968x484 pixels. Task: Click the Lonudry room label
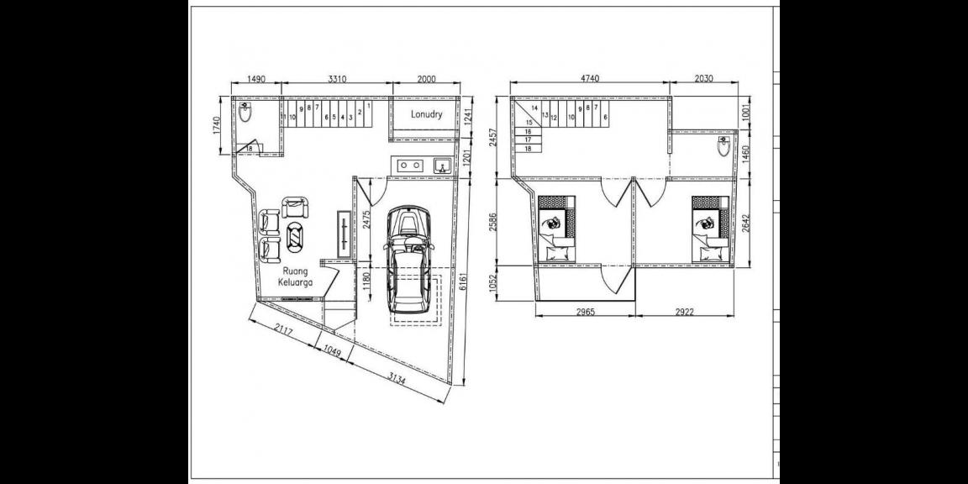[x=426, y=113]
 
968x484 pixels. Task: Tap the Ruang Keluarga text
[x=297, y=276]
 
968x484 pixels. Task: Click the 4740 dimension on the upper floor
[x=590, y=78]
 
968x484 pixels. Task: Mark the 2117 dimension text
[x=284, y=335]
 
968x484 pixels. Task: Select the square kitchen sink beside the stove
[x=441, y=166]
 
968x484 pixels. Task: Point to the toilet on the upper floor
[x=723, y=149]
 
